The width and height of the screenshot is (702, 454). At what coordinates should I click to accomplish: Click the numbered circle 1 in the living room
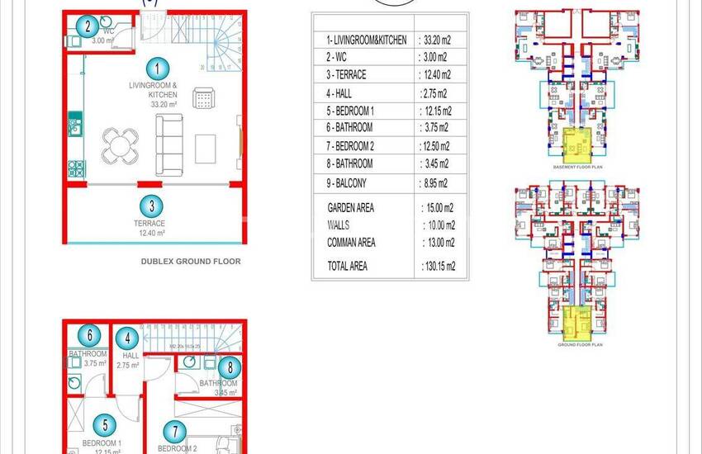(153, 69)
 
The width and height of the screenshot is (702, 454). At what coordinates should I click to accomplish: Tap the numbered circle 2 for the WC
(88, 26)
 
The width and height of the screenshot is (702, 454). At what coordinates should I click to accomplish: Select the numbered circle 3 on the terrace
(153, 206)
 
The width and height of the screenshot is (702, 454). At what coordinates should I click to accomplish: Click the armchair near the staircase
(203, 99)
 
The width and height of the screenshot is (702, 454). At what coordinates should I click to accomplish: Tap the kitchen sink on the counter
(74, 127)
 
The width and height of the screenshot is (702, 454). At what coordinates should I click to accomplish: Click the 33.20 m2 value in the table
(438, 40)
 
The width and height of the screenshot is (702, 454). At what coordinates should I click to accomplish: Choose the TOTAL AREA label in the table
(348, 266)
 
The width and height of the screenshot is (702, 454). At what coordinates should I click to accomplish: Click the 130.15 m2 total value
(438, 266)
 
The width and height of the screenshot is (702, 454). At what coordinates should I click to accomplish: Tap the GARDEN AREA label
(351, 208)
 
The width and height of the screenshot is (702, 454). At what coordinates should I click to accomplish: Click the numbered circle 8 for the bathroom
(231, 367)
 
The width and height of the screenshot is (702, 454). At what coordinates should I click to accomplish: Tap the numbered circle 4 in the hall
(126, 338)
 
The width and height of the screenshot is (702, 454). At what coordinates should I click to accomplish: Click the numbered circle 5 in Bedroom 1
(104, 425)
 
